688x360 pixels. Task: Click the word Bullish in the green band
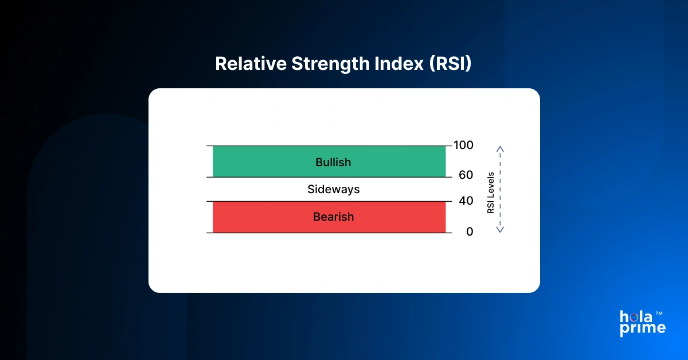click(333, 162)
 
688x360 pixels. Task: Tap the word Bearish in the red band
click(333, 217)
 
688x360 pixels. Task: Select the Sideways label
click(333, 189)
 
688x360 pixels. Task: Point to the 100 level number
click(463, 145)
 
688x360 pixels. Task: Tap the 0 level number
click(470, 232)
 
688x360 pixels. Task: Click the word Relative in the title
click(250, 64)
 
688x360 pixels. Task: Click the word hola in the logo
click(636, 317)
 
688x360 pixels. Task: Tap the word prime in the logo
click(643, 328)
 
